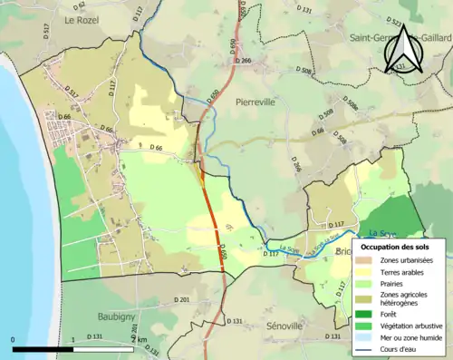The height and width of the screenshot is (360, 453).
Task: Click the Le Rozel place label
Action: (x=81, y=18)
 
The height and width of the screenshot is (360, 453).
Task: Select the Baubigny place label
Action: (x=118, y=316)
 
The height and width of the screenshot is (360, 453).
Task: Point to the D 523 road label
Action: (x=396, y=20)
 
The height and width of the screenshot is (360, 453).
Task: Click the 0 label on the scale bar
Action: (x=13, y=340)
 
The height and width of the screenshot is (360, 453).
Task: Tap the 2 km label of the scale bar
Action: (x=138, y=340)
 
